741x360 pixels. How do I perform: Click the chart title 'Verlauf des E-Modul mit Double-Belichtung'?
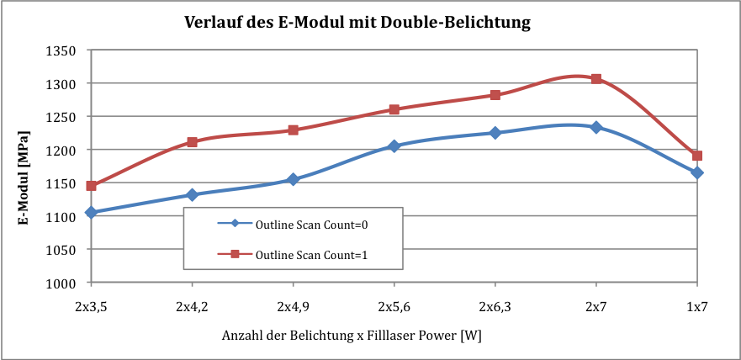(357, 22)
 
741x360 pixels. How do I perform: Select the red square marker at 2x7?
(596, 79)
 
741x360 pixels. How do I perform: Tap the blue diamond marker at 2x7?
(596, 127)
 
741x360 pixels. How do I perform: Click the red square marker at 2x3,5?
(91, 186)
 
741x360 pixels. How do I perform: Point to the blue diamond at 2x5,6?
(394, 146)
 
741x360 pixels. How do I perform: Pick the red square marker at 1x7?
(696, 156)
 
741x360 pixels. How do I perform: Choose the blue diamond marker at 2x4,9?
(293, 179)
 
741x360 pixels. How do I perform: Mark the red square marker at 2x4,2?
(192, 142)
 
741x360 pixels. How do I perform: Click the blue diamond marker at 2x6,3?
(495, 133)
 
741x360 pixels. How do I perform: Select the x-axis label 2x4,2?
(192, 307)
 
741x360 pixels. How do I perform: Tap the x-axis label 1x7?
(696, 307)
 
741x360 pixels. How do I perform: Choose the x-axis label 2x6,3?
(495, 307)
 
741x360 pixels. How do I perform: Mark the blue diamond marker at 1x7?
(696, 173)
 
